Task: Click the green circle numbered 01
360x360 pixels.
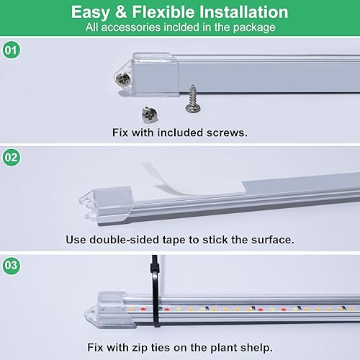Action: (x=11, y=52)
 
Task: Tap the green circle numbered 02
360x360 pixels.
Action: (x=11, y=158)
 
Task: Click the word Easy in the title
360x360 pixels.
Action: (x=92, y=13)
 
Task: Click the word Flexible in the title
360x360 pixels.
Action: (x=157, y=13)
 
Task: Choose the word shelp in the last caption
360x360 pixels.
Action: (x=258, y=346)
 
